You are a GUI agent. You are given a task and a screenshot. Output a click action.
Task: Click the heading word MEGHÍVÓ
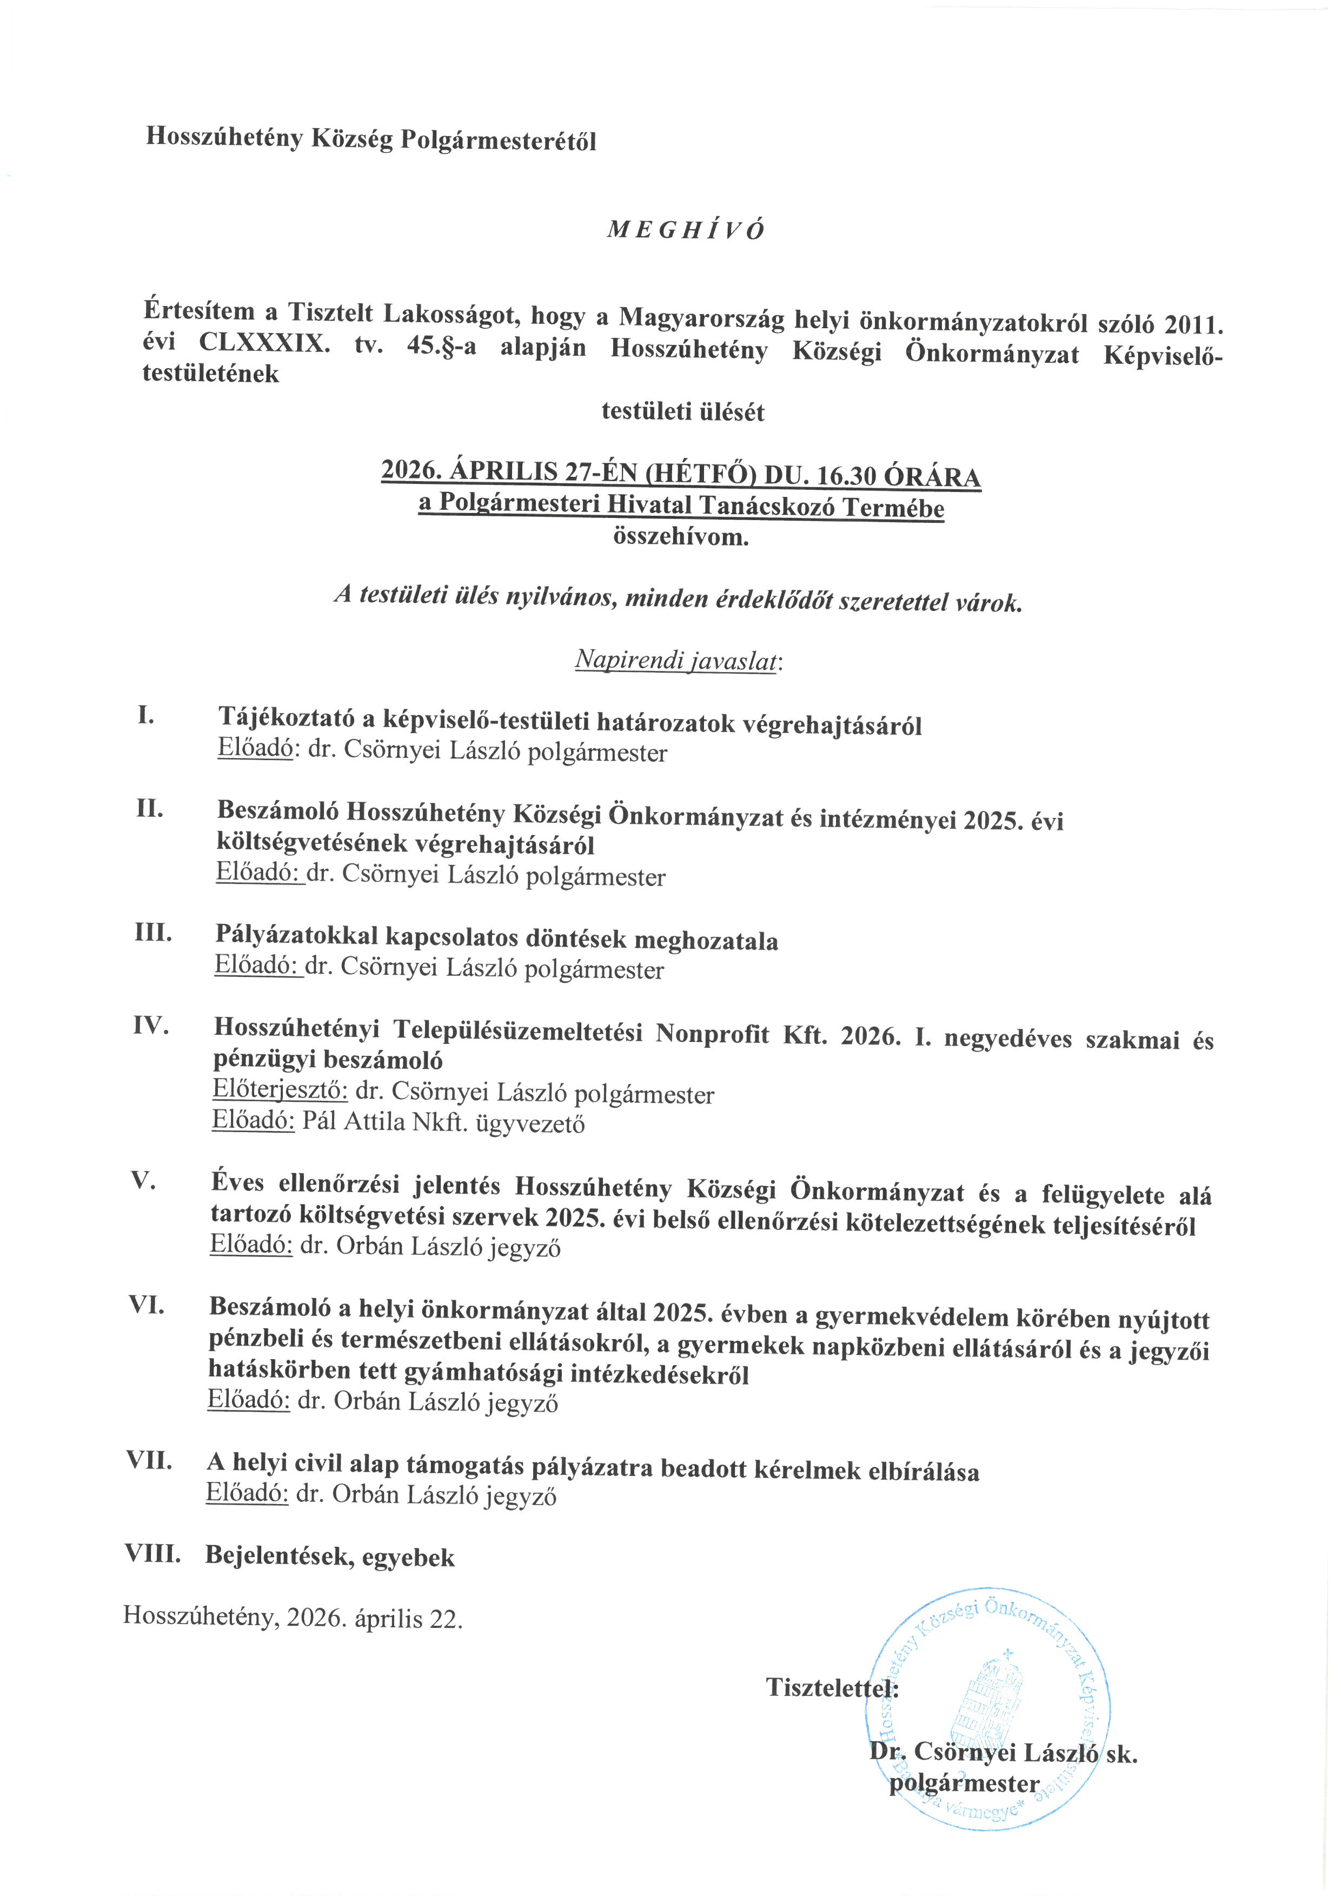point(685,230)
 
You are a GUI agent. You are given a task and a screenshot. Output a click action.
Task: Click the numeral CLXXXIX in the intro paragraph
point(263,343)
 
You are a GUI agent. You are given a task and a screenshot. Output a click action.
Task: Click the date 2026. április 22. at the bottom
point(375,1618)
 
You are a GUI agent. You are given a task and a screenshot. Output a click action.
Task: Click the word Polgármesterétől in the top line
point(498,141)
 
